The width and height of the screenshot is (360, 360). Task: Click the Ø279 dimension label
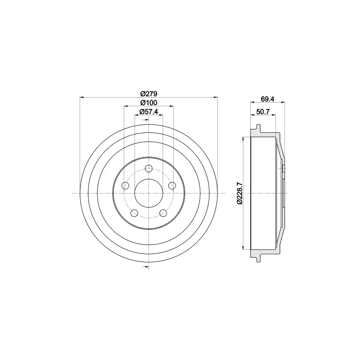[148, 94]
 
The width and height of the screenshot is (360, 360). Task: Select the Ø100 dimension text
[148, 103]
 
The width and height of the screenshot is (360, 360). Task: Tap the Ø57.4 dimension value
[149, 112]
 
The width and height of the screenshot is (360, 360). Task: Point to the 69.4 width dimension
[267, 99]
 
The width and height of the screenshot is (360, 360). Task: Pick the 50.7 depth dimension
[263, 112]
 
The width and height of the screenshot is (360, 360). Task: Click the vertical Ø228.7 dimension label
[239, 193]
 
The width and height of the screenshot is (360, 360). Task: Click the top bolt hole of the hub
[149, 168]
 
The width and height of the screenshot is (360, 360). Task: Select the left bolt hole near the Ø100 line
[125, 185]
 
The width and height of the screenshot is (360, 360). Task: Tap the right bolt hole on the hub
[172, 185]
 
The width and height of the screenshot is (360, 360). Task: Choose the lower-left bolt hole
[134, 213]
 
